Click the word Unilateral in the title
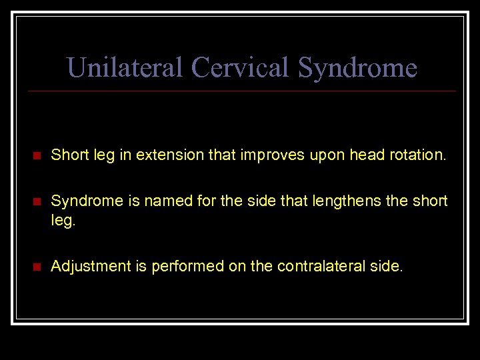pyautogui.click(x=125, y=67)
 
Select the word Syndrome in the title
pyautogui.click(x=357, y=67)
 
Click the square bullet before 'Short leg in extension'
pyautogui.click(x=37, y=156)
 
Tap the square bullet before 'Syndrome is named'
pyautogui.click(x=37, y=201)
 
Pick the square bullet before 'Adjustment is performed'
pyautogui.click(x=37, y=267)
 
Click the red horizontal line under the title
pyautogui.click(x=240, y=91)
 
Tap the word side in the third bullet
pyautogui.click(x=387, y=267)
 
